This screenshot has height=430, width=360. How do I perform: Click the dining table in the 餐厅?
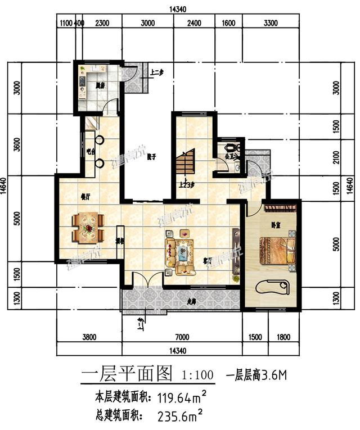[x=88, y=227]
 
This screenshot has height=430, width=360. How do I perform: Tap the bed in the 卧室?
[x=276, y=250]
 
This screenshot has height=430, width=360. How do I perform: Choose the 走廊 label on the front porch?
[x=192, y=302]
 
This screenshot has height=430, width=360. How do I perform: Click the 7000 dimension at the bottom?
[x=182, y=337]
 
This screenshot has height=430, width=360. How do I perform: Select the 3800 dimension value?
[x=89, y=337]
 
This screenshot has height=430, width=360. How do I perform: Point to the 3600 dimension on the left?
[x=17, y=145]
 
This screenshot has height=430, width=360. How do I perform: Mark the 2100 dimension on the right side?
[x=336, y=159]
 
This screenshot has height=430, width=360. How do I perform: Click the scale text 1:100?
[x=197, y=374]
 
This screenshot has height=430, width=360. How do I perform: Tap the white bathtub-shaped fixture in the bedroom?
[x=273, y=287]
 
